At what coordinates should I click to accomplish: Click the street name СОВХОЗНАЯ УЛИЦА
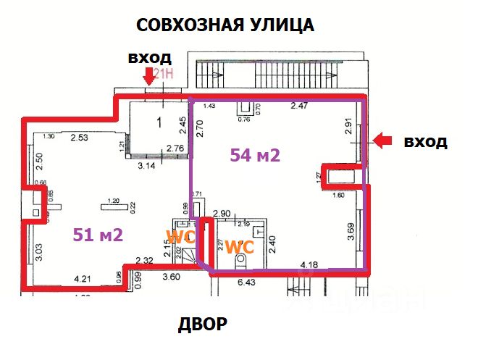click(225, 26)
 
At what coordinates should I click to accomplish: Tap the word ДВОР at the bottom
click(203, 325)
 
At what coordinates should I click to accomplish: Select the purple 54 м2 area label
click(254, 154)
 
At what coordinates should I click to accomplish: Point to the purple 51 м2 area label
click(97, 234)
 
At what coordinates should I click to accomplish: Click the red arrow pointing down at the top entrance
click(148, 75)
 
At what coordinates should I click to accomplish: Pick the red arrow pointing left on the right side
click(382, 141)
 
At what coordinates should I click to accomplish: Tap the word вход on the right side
click(425, 141)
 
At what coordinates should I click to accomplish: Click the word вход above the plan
click(149, 57)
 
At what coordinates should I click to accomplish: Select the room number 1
click(158, 122)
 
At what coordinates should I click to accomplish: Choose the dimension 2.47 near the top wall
click(299, 106)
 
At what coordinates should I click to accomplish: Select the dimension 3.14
click(147, 164)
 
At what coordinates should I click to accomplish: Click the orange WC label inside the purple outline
click(238, 246)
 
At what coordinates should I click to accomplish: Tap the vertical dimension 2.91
click(349, 128)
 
